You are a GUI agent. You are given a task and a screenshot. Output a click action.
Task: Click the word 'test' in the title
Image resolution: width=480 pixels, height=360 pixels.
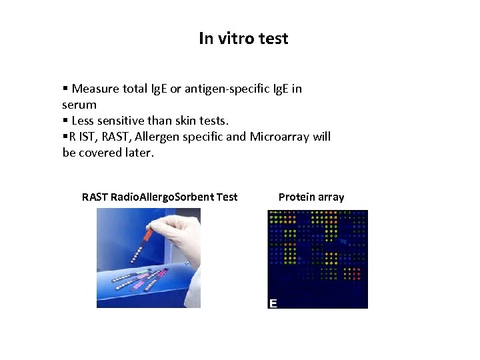point(274,39)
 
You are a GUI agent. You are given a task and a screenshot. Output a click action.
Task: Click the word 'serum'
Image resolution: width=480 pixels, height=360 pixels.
point(79,105)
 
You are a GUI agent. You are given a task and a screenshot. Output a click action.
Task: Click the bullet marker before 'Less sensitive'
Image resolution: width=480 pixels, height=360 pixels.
point(65,121)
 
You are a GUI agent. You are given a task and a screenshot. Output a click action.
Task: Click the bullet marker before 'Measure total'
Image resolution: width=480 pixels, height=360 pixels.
point(65,89)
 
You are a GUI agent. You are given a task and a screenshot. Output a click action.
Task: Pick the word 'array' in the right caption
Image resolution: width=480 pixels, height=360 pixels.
point(331,197)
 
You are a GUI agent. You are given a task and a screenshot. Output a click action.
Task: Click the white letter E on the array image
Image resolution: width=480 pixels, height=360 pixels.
point(273,303)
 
